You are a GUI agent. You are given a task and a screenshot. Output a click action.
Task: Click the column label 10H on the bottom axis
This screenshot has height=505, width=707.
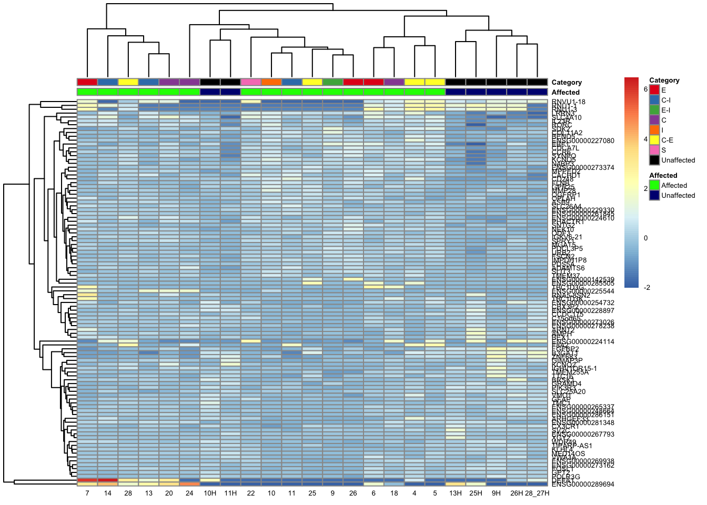click(x=210, y=493)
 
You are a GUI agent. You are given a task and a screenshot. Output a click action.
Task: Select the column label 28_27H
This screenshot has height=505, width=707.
click(x=537, y=493)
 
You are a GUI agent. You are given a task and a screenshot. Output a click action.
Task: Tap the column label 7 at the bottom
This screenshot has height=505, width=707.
click(x=87, y=493)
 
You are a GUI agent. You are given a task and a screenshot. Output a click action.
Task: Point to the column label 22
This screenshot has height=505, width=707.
click(x=251, y=493)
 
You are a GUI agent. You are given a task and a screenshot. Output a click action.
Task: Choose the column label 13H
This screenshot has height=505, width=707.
click(x=456, y=493)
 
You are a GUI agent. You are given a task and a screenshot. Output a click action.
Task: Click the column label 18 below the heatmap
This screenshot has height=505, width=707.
click(x=394, y=493)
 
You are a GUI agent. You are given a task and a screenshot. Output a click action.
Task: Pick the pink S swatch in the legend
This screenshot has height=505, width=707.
click(x=654, y=150)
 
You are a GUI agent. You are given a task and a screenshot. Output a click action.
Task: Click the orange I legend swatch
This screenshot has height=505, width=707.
click(x=654, y=130)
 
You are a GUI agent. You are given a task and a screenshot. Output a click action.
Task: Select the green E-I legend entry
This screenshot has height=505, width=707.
click(x=654, y=110)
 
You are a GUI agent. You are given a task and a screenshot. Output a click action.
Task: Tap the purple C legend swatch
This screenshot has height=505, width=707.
click(x=654, y=120)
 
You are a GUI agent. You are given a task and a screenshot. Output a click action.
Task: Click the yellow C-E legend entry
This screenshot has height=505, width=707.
click(x=654, y=140)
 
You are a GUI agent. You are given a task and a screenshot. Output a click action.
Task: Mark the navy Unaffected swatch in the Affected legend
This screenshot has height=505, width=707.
click(x=654, y=195)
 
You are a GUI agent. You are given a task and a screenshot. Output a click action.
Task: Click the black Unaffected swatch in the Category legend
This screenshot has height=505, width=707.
click(x=654, y=160)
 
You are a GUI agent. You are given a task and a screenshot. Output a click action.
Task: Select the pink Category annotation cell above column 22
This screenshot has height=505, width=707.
click(x=251, y=82)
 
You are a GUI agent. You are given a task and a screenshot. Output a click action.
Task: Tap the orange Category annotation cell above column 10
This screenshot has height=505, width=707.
click(x=271, y=82)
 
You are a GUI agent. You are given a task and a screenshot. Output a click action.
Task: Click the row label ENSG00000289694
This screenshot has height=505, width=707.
click(x=583, y=484)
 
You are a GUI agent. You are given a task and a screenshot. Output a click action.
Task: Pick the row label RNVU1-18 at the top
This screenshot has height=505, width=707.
click(x=569, y=102)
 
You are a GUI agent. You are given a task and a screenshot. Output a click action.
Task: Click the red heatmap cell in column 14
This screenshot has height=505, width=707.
click(x=108, y=480)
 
